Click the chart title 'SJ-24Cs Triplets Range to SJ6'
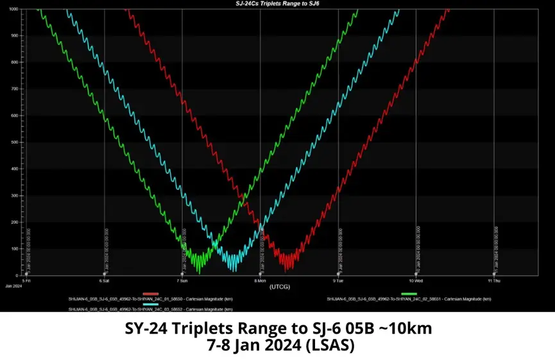point(277,3)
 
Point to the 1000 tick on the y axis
point(14,10)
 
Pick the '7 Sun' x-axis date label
point(183,281)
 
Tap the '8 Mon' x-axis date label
point(260,281)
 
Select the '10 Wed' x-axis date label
point(416,281)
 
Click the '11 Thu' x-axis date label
point(494,281)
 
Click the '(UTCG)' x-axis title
point(281,286)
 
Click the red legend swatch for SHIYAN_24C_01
point(150,293)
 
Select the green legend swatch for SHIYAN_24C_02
point(400,293)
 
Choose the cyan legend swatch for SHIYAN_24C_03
point(150,304)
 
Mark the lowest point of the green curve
point(199,273)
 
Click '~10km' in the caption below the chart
point(407,329)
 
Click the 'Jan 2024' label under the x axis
point(13,286)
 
